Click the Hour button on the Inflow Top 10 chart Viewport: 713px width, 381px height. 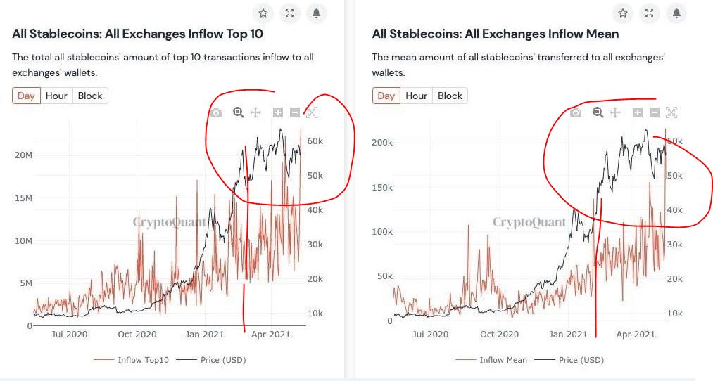click(56, 96)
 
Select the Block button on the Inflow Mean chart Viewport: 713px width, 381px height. click(450, 96)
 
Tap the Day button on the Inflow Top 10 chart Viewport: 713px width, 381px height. click(26, 96)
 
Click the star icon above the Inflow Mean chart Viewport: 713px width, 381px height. click(623, 13)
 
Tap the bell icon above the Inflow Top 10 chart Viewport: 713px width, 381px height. click(316, 13)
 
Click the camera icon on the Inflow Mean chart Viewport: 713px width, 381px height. click(576, 112)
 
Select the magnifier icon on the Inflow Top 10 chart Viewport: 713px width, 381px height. click(238, 112)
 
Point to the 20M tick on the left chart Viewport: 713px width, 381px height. click(23, 155)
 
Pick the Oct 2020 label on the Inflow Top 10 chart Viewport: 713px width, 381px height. click(137, 335)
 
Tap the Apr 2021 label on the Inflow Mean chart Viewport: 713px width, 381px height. click(636, 335)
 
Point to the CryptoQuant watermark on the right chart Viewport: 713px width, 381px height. click(529, 223)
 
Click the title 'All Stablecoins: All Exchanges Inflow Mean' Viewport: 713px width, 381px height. click(495, 34)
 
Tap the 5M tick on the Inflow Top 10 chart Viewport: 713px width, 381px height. click(25, 283)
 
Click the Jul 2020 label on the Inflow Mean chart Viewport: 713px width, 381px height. click(429, 335)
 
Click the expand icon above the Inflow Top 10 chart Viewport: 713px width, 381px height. click(289, 13)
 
